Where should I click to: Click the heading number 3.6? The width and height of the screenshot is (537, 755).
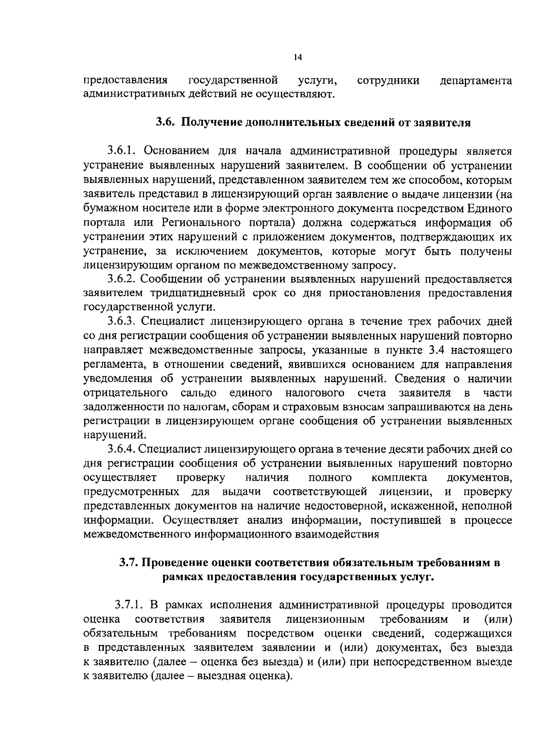point(165,122)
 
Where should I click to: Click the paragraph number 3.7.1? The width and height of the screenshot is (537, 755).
point(130,605)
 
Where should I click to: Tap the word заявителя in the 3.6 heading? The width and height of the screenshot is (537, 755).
point(445,122)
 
